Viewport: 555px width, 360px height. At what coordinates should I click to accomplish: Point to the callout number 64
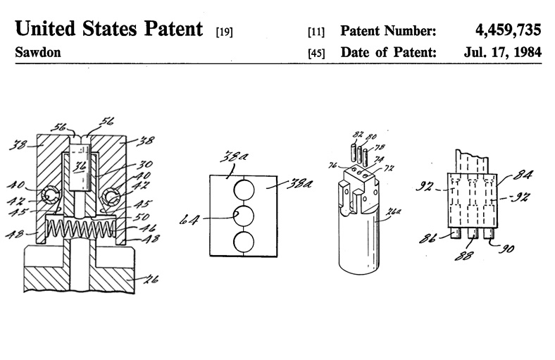click(x=191, y=221)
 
